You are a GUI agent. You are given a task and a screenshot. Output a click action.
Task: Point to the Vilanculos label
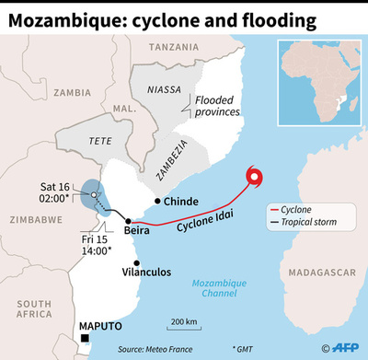click(x=149, y=273)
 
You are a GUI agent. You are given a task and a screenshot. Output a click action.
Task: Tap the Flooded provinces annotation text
click(x=217, y=105)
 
